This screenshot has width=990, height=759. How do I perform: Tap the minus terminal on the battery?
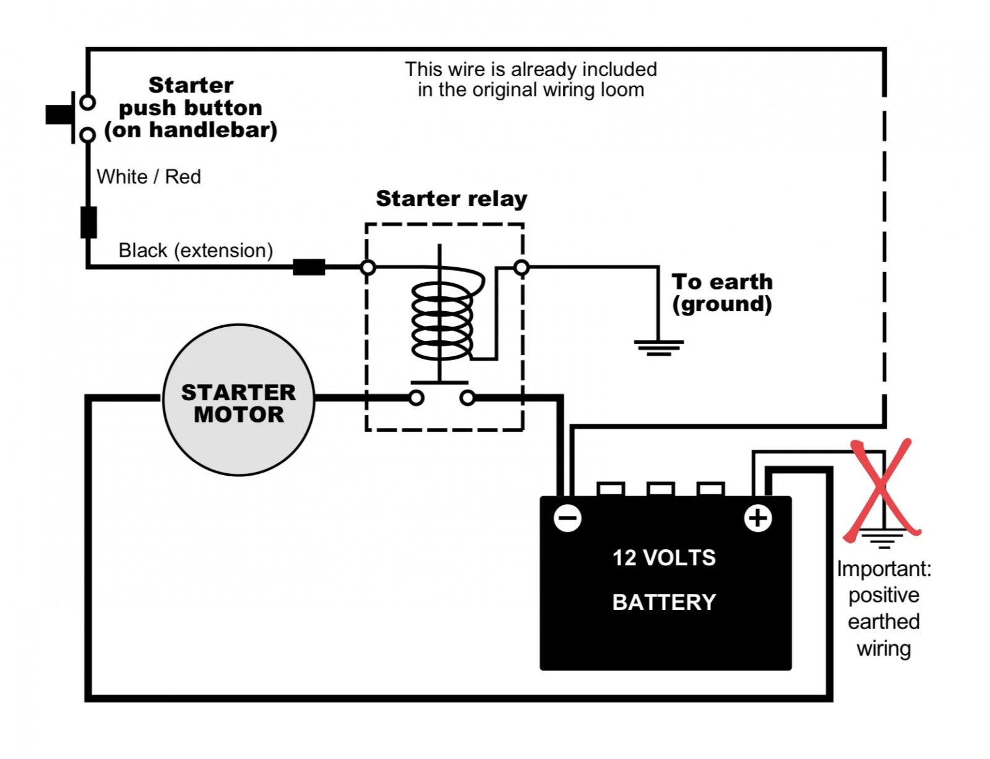[567, 518]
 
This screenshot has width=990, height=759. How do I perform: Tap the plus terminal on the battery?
[757, 518]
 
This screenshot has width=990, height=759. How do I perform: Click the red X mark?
[882, 491]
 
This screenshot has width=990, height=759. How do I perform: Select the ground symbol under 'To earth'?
[658, 348]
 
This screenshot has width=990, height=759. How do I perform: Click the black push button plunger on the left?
[59, 114]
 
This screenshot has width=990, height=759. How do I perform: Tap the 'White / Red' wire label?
[148, 177]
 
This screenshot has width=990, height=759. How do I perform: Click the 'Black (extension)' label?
[196, 251]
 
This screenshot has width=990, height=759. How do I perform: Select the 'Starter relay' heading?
[452, 199]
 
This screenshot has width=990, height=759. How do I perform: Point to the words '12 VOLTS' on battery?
[664, 558]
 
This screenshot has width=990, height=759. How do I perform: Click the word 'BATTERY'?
[664, 602]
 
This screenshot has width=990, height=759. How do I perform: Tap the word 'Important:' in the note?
[884, 569]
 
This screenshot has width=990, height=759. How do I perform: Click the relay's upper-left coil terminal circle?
[368, 267]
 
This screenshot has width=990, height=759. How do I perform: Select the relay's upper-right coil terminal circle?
[521, 267]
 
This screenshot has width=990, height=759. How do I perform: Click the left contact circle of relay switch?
[416, 398]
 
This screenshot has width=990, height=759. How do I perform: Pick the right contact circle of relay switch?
[467, 398]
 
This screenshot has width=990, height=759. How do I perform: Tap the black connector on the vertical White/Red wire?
[88, 222]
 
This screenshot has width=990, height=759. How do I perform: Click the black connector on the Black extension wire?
[309, 267]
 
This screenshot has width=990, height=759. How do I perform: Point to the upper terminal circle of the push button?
[87, 102]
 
